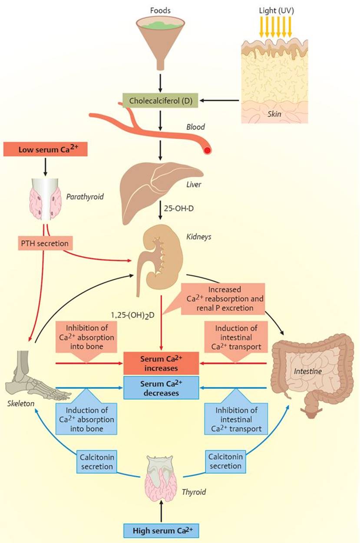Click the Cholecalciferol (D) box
[x=160, y=100]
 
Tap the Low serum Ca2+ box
[x=45, y=149]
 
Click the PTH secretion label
[x=45, y=243]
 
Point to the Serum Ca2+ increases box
[x=161, y=363]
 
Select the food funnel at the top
[x=160, y=41]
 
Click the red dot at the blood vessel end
[x=207, y=151]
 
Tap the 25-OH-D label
[x=179, y=209]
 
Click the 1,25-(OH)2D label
[x=132, y=315]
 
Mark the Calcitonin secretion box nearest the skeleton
[x=97, y=462]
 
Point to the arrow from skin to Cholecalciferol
[x=219, y=100]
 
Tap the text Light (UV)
[x=277, y=11]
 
